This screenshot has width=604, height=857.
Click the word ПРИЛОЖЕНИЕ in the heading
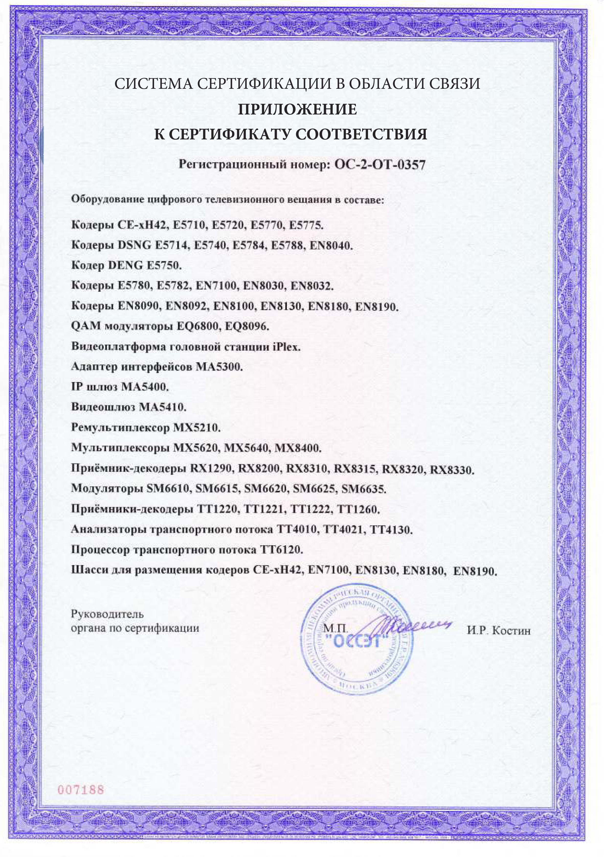click(x=298, y=109)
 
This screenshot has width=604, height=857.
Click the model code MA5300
click(x=219, y=367)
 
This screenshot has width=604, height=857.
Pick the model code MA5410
click(x=162, y=407)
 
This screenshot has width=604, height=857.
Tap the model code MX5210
click(x=197, y=427)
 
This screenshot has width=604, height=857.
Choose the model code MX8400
click(x=298, y=448)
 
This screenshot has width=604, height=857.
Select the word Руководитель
click(x=108, y=614)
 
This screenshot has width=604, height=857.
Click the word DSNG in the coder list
click(x=130, y=245)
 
